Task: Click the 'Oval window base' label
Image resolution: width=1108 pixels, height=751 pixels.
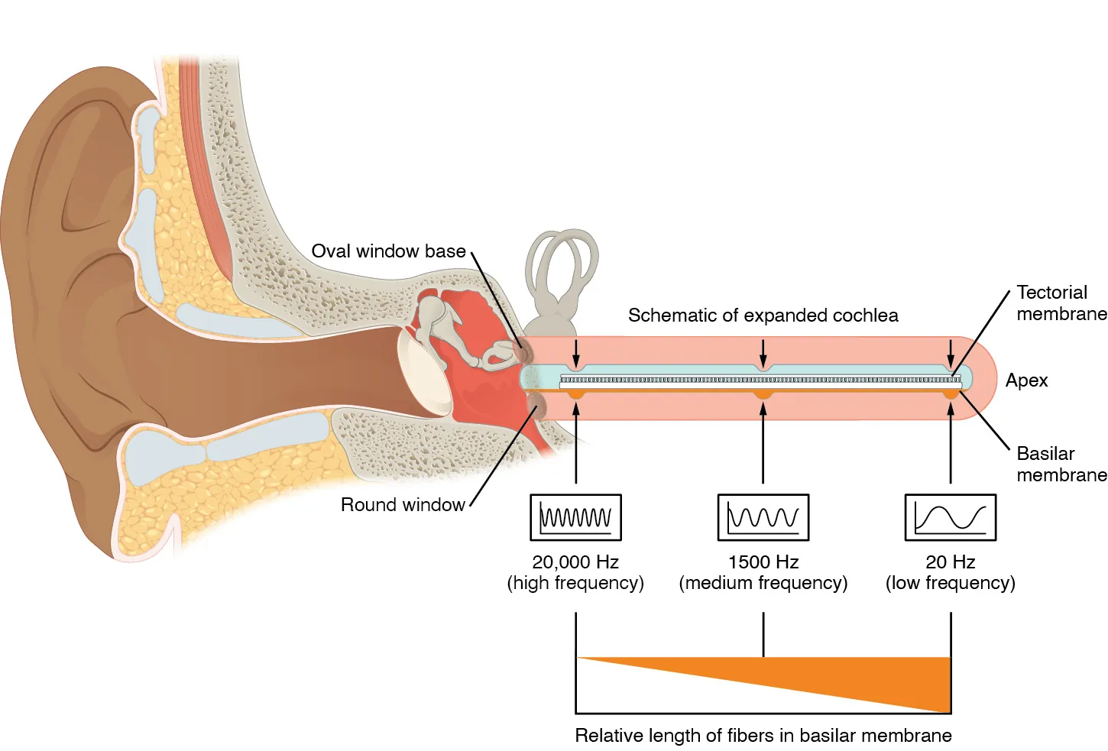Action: [x=388, y=251]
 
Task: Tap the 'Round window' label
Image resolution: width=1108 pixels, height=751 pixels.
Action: [x=402, y=505]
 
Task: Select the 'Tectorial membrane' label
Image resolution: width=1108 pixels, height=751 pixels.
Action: [x=1061, y=303]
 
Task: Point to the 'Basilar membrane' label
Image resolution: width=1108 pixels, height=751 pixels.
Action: [x=1061, y=465]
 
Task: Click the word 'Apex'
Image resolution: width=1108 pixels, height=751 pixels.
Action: [x=1026, y=380]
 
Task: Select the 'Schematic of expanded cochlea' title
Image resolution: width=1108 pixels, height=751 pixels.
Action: [x=763, y=316]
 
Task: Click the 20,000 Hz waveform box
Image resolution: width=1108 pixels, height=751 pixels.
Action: [x=575, y=517]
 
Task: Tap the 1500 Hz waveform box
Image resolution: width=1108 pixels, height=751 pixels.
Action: [x=763, y=517]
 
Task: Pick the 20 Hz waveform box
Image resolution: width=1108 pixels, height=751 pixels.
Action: [x=950, y=517]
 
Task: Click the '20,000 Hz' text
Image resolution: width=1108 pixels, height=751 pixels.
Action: [x=575, y=562]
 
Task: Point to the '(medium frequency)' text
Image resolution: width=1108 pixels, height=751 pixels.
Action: [x=763, y=584]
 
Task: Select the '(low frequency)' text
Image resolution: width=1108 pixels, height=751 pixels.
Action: [x=950, y=584]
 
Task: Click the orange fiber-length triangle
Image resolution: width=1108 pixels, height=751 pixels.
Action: [x=879, y=676]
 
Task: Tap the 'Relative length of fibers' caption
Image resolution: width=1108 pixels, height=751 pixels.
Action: [x=763, y=736]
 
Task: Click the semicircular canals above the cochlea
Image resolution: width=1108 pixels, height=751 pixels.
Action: [x=562, y=264]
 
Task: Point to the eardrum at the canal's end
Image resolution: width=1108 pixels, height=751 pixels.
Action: [x=423, y=374]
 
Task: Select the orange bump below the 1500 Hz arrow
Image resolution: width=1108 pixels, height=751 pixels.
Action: [x=763, y=394]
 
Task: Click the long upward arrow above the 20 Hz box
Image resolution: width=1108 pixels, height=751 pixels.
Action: [x=950, y=443]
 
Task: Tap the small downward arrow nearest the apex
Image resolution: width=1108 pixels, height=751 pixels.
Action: [x=950, y=354]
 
